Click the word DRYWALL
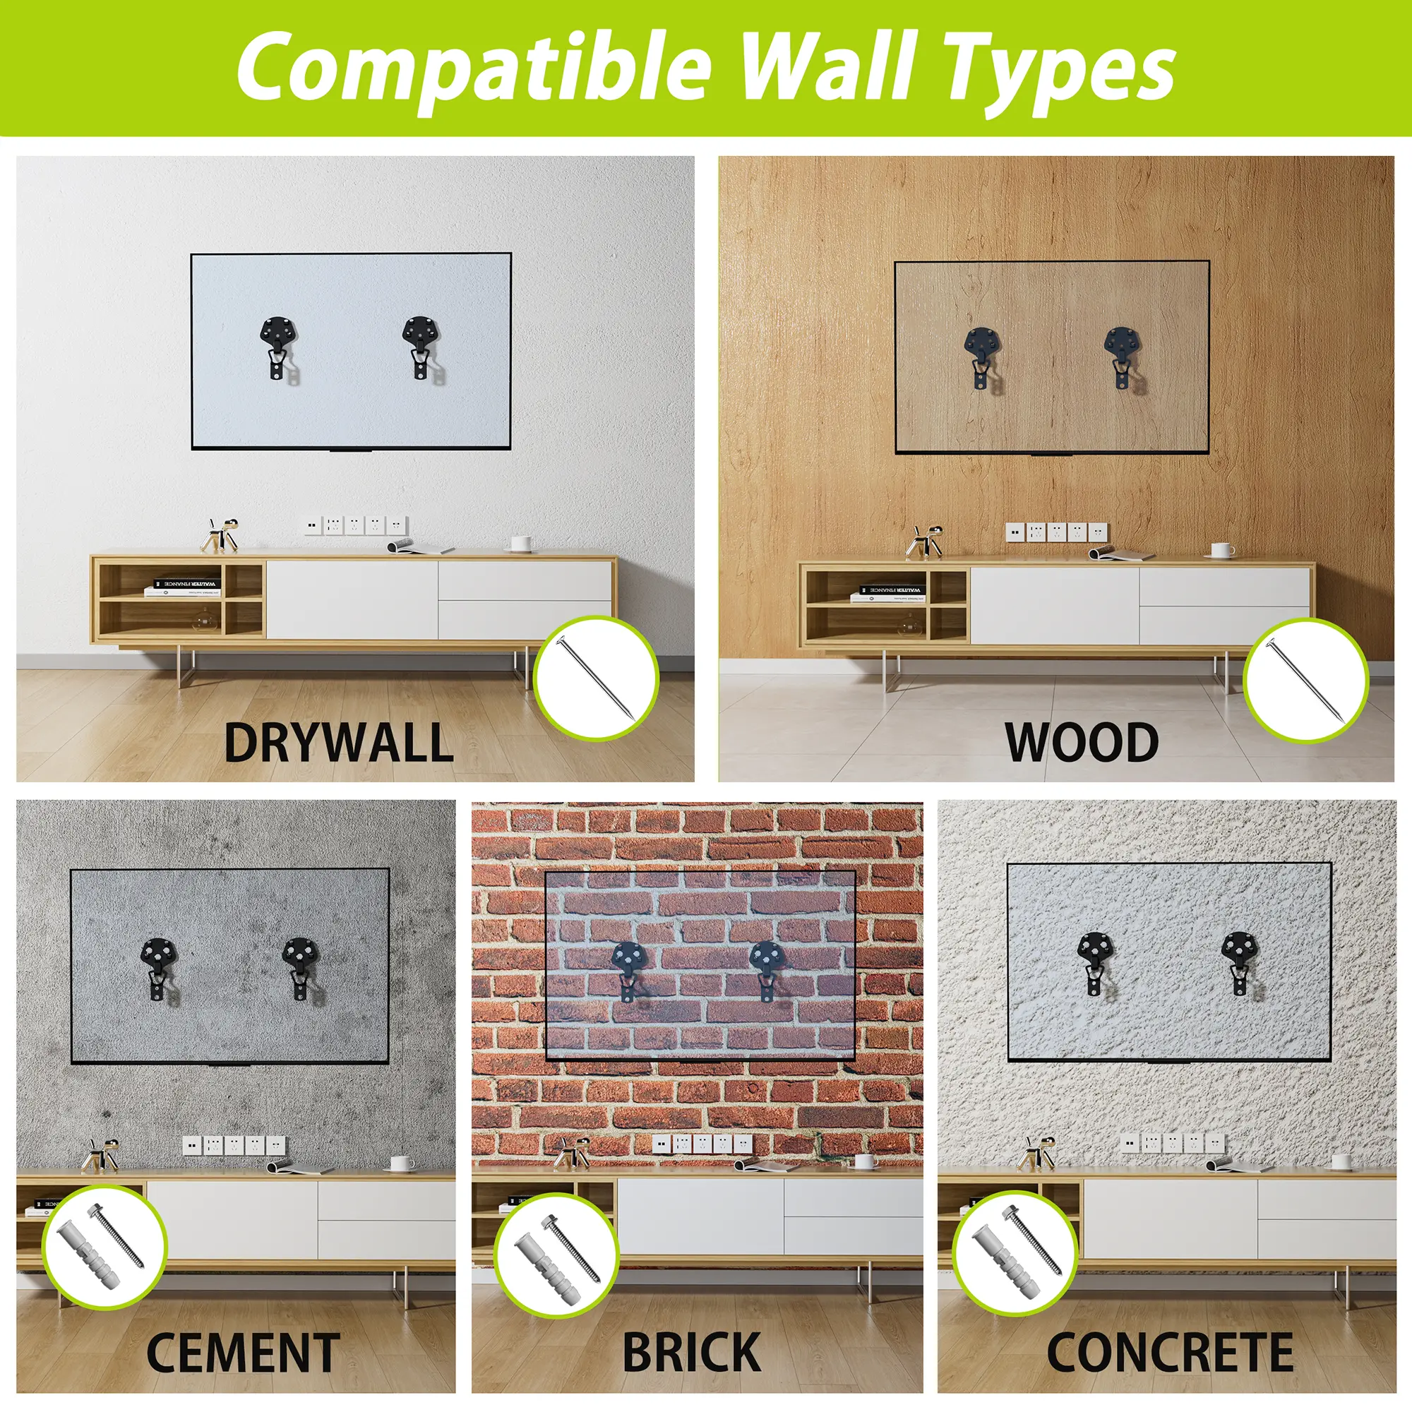point(338,743)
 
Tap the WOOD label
point(1082,743)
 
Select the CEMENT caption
point(244,1353)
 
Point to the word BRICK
point(691,1353)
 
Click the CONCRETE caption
point(1170,1353)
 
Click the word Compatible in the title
point(474,68)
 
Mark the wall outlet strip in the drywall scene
point(356,525)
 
